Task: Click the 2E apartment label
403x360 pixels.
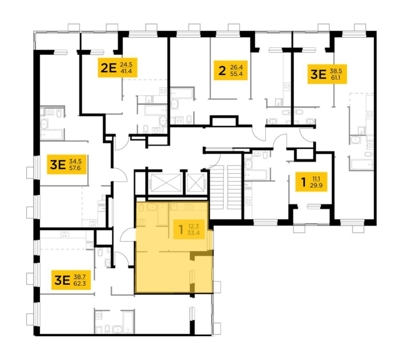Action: [x=117, y=67]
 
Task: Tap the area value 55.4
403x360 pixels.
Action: [x=236, y=74]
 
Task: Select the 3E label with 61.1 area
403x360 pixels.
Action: [x=327, y=74]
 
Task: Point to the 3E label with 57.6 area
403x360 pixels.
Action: [x=67, y=164]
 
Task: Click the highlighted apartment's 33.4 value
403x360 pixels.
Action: [x=194, y=233]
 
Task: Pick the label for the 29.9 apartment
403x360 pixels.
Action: [x=311, y=182]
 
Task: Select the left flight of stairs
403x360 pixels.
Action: [x=217, y=187]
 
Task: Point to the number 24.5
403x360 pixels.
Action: [x=126, y=64]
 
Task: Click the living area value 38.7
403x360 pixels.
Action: [x=79, y=277]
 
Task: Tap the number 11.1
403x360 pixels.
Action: [x=316, y=179]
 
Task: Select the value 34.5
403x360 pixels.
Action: [x=75, y=161]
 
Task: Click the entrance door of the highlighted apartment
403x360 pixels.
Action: [x=128, y=234]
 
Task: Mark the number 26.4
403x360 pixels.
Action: [x=236, y=67]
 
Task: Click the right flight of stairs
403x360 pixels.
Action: [x=234, y=187]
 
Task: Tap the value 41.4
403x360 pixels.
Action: [x=126, y=71]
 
